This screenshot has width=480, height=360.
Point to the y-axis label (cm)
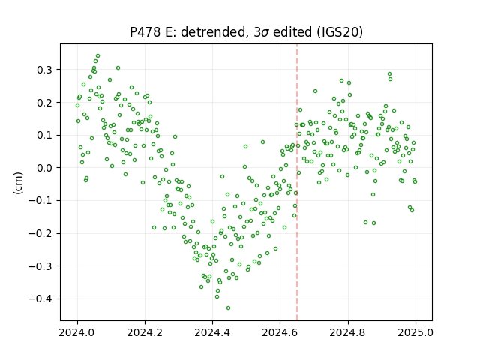pyautogui.click(x=18, y=183)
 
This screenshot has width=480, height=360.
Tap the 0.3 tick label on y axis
pyautogui.click(x=45, y=70)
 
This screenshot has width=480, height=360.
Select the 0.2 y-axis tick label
pyautogui.click(x=45, y=103)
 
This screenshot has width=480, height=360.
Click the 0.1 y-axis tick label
pyautogui.click(x=45, y=135)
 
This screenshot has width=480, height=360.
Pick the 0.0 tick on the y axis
pyautogui.click(x=45, y=168)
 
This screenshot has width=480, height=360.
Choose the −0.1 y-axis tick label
pyautogui.click(x=40, y=201)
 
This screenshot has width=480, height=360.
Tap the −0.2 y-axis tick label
pyautogui.click(x=40, y=233)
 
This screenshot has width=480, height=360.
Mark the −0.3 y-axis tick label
pyautogui.click(x=40, y=266)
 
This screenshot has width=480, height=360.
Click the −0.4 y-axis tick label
pyautogui.click(x=40, y=299)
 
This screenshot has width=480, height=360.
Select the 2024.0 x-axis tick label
pyautogui.click(x=77, y=332)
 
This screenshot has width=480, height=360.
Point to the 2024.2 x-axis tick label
pyautogui.click(x=145, y=332)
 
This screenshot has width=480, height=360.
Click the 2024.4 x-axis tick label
pyautogui.click(x=212, y=332)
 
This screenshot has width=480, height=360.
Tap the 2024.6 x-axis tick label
pyautogui.click(x=280, y=332)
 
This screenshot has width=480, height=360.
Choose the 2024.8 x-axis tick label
pyautogui.click(x=348, y=332)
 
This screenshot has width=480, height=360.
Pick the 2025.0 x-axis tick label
pyautogui.click(x=415, y=332)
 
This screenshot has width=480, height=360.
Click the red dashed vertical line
pyautogui.click(x=297, y=182)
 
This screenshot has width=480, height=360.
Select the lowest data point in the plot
pyautogui.click(x=228, y=308)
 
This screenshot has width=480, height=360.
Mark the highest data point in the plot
pyautogui.click(x=98, y=56)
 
